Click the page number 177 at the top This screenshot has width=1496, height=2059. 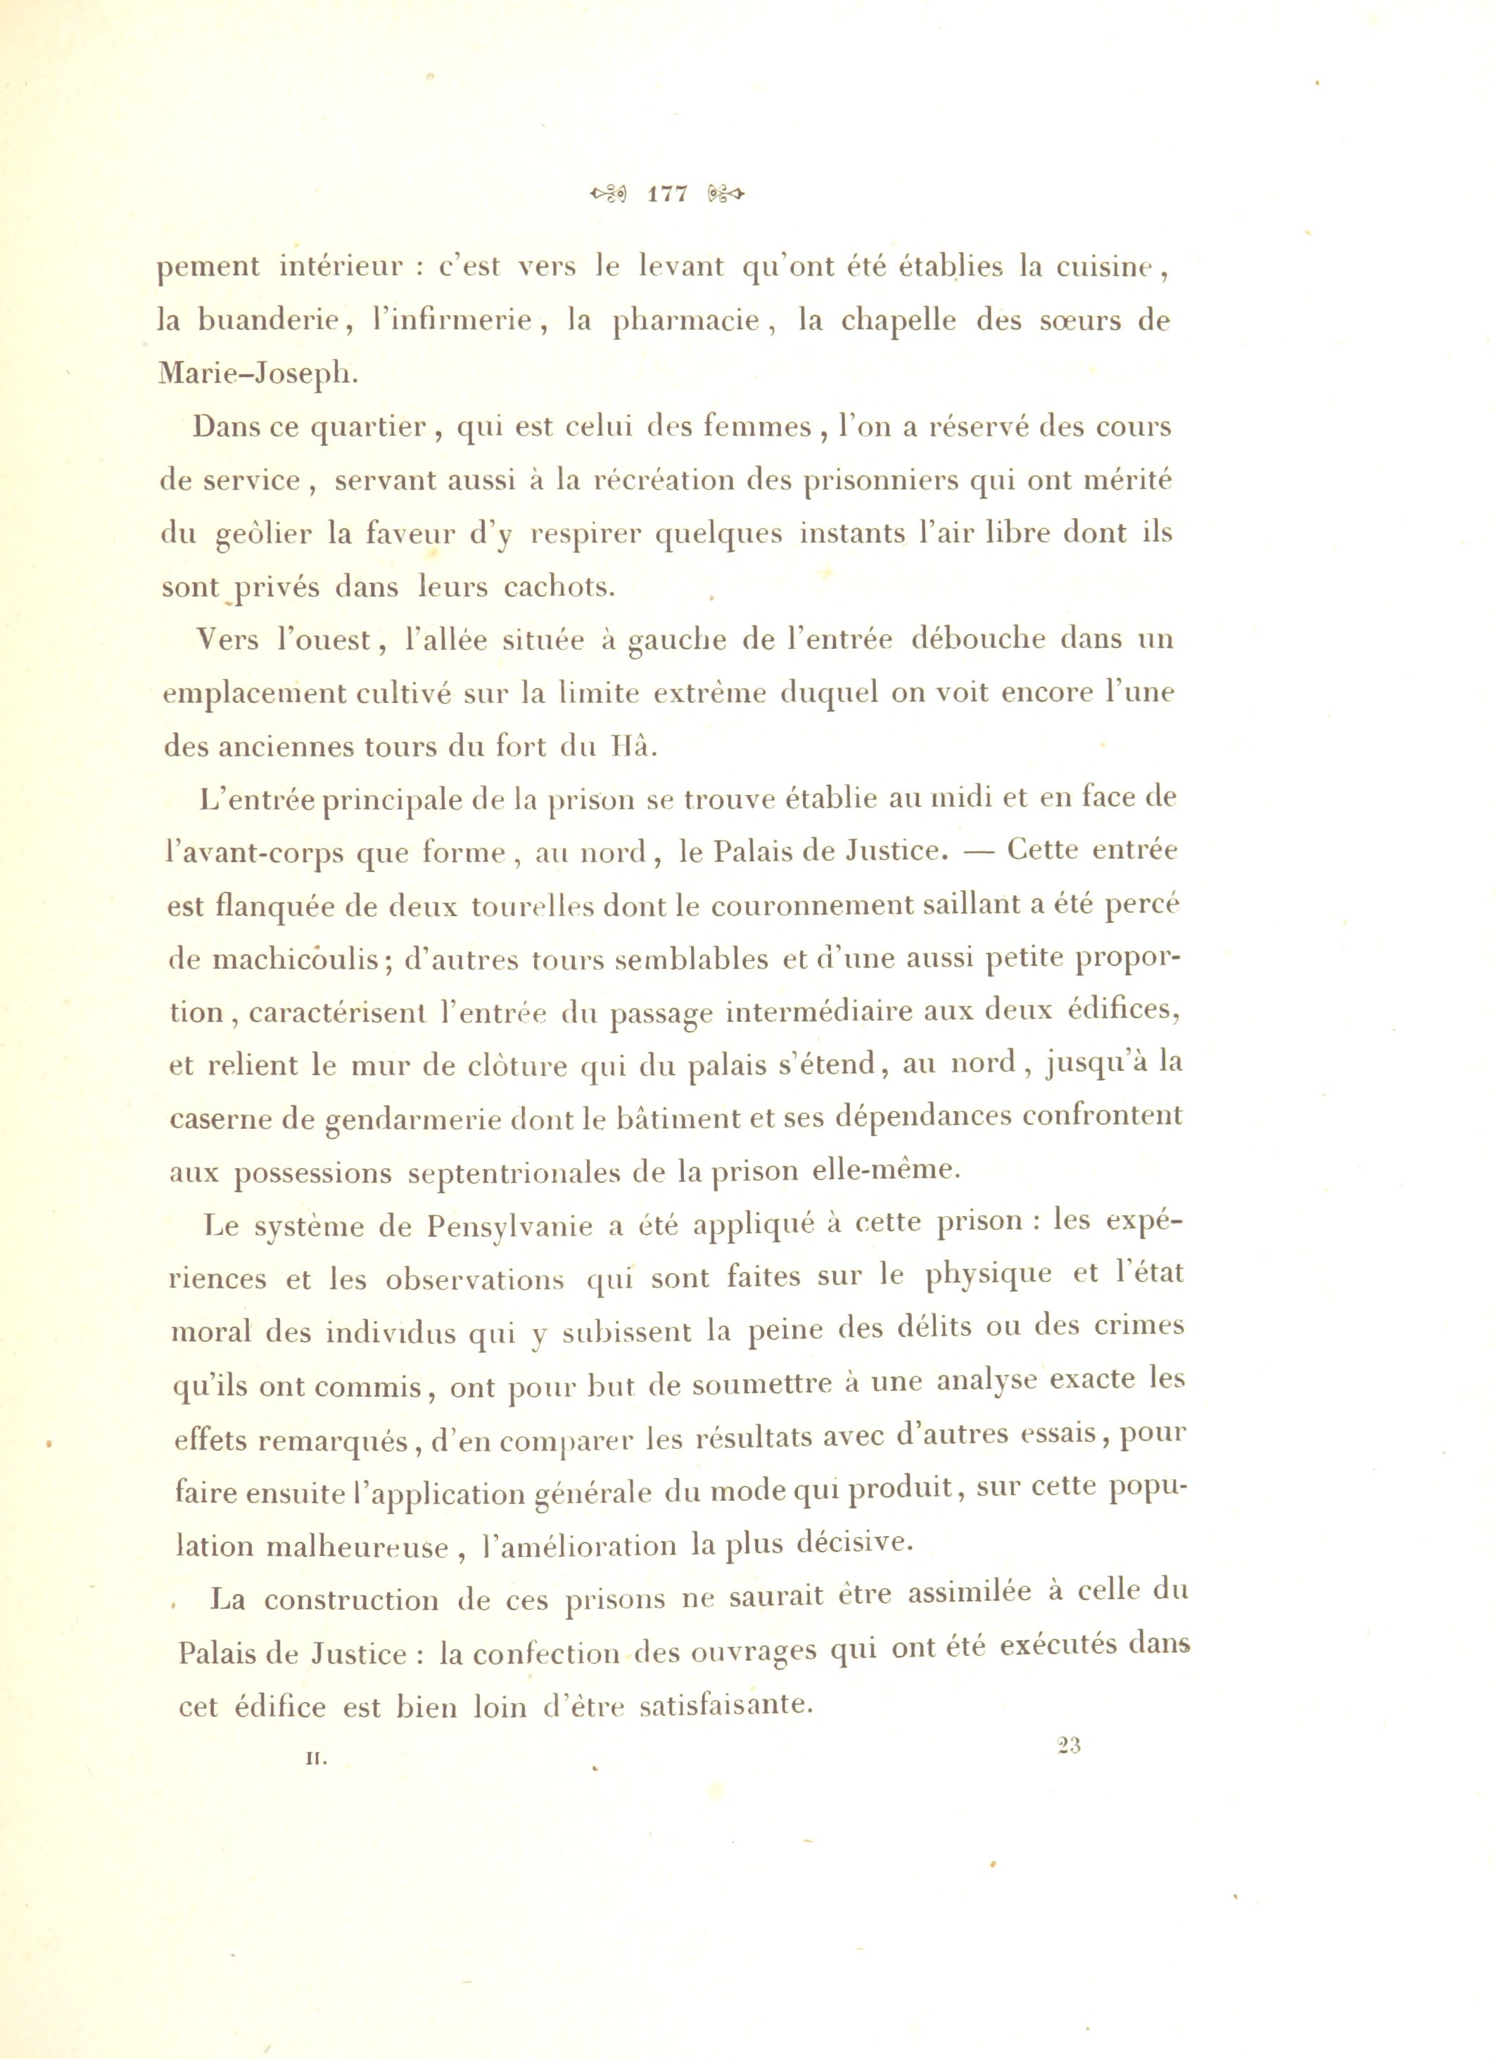(x=667, y=194)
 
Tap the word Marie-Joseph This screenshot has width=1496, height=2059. (x=258, y=374)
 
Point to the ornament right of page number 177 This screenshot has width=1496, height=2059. (x=723, y=194)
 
